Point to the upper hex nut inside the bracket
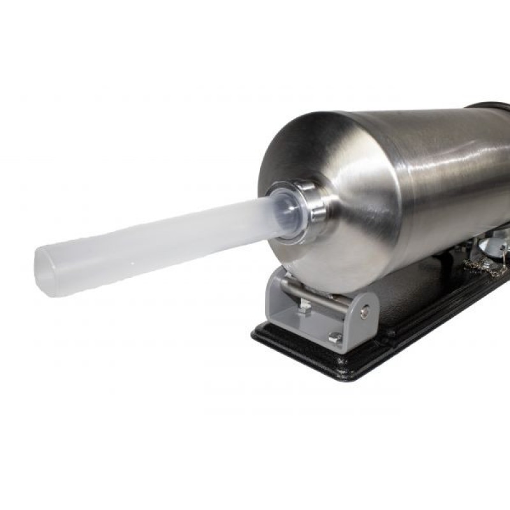pos(305,307)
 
